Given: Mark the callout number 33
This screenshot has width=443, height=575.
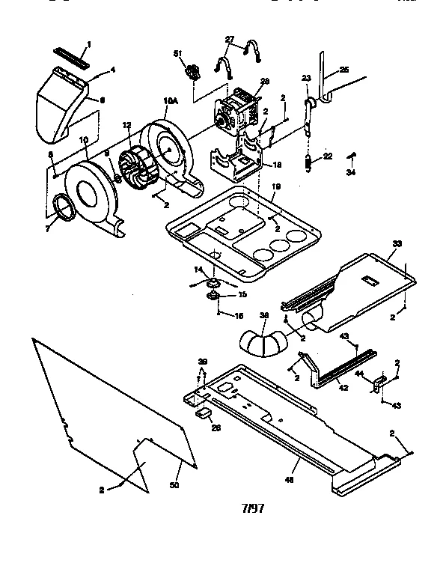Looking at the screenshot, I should [x=397, y=243].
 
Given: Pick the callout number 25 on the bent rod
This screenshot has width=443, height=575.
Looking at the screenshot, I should [x=343, y=70].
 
